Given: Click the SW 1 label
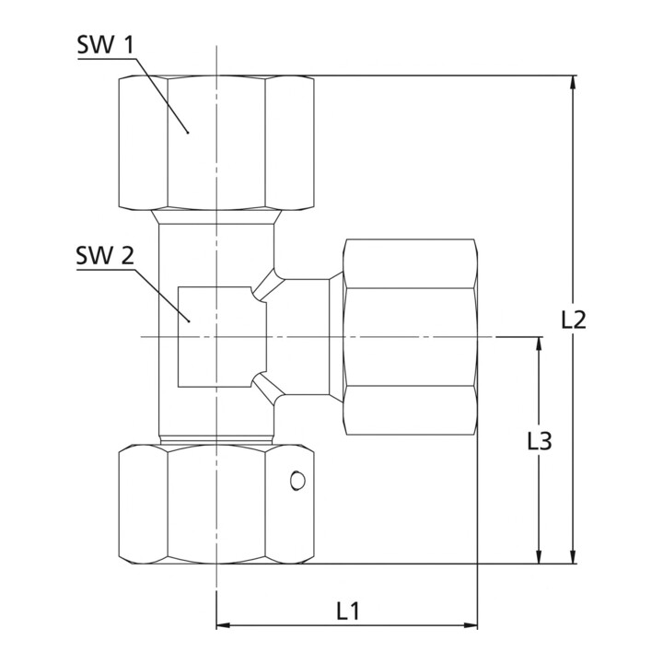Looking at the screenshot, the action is pyautogui.click(x=105, y=45).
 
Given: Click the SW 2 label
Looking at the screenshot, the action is pyautogui.click(x=105, y=256).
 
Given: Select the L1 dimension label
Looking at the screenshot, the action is pyautogui.click(x=348, y=611).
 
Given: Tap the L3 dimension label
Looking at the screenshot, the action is pyautogui.click(x=540, y=441).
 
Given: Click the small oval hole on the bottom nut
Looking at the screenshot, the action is pyautogui.click(x=297, y=481).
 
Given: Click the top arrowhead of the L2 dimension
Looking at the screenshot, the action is pyautogui.click(x=574, y=83).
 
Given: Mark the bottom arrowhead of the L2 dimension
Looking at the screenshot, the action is pyautogui.click(x=574, y=556).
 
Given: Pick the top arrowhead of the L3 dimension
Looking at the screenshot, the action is pyautogui.click(x=539, y=344).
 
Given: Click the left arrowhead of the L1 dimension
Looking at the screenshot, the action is pyautogui.click(x=223, y=625).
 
